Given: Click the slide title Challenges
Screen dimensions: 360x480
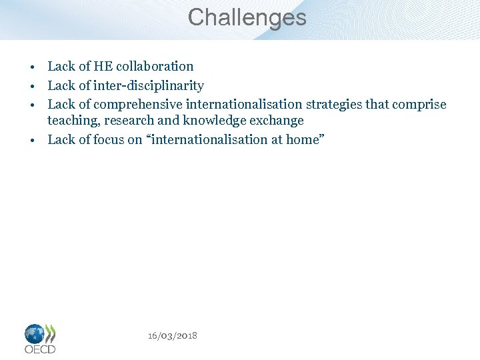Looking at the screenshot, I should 247,17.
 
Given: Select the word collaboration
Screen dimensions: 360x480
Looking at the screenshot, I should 153,66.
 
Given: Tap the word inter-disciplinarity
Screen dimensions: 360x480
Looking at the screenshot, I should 148,85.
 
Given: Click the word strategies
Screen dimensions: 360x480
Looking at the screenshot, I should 337,105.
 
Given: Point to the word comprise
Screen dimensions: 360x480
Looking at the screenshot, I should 419,105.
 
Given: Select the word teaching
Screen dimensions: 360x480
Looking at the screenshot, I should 73,121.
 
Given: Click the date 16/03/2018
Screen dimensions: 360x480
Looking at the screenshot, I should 173,335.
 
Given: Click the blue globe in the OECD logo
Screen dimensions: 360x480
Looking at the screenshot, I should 35,333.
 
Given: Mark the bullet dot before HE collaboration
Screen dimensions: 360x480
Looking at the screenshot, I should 31,67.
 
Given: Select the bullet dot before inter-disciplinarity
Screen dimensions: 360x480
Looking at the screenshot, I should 31,87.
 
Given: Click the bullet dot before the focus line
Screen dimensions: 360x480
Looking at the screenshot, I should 31,141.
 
